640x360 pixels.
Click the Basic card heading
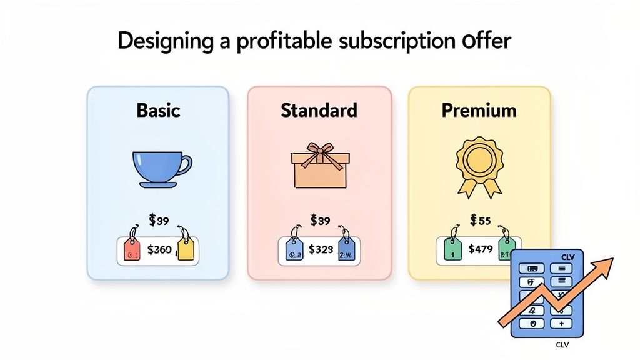click(x=158, y=111)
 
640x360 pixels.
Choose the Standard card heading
click(x=319, y=111)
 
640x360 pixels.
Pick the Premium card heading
click(x=479, y=111)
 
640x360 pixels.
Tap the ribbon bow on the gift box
click(x=319, y=153)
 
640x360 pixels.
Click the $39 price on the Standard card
click(x=319, y=220)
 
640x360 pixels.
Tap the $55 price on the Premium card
click(x=479, y=220)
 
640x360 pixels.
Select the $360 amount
click(x=159, y=250)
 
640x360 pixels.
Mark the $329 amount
click(x=321, y=250)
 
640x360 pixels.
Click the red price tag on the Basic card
click(x=132, y=247)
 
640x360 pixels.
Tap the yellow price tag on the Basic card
click(x=186, y=247)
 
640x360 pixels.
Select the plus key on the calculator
click(x=562, y=324)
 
